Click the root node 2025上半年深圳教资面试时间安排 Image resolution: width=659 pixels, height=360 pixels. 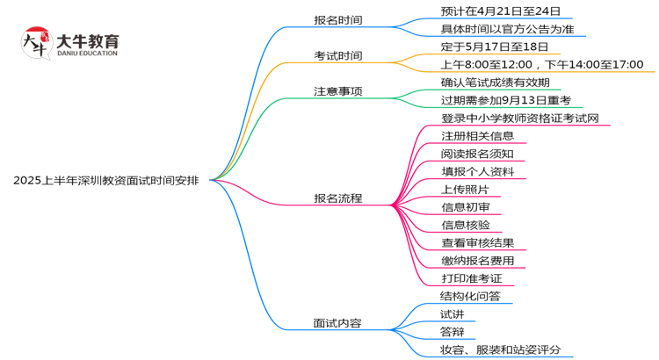pos(106,181)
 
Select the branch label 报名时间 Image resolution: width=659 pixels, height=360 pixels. pos(338,19)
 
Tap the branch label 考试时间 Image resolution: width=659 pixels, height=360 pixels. pos(338,55)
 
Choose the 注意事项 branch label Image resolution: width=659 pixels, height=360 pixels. pos(338,90)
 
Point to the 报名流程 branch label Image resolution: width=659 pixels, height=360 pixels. pos(338,198)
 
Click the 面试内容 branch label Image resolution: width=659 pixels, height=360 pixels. pos(338,323)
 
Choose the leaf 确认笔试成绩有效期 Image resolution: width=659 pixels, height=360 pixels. pos(495,83)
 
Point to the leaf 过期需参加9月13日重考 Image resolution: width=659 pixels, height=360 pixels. pos(506,100)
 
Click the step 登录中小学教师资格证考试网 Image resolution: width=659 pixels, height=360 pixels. pos(520,118)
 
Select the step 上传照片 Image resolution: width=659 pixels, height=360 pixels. pos(465,190)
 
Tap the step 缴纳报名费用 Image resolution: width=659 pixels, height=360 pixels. pos(477,261)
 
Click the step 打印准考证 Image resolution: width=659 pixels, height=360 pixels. pos(471,278)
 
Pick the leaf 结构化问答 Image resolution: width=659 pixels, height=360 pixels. pos(471,297)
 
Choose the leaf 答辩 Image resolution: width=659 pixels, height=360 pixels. pos(453,332)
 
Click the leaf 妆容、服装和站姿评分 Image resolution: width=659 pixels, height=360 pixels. pos(501,350)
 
